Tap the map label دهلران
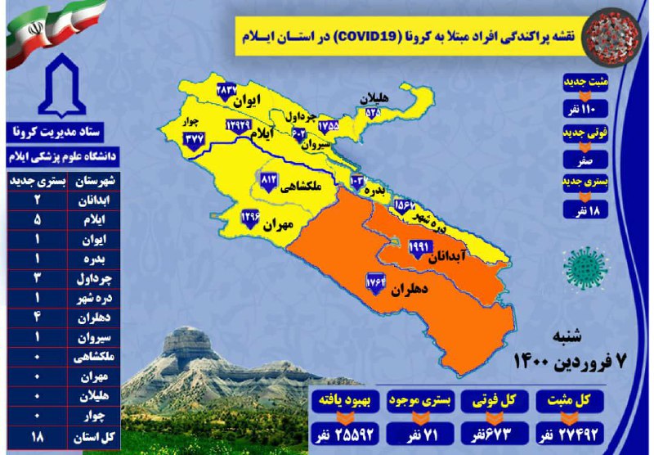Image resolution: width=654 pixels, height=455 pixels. click(404, 289)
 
